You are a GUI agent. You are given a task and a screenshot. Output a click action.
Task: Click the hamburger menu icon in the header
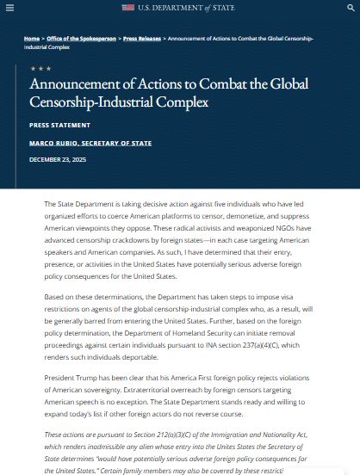click(x=11, y=8)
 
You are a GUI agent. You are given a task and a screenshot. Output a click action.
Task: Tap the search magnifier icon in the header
click(x=350, y=8)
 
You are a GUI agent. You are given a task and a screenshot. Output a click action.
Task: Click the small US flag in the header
click(x=127, y=8)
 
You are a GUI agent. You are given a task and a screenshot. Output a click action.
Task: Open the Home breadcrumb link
click(x=32, y=39)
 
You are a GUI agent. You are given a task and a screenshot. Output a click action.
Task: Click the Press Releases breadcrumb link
click(x=141, y=39)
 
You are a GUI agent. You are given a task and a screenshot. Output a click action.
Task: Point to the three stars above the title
click(x=40, y=68)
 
